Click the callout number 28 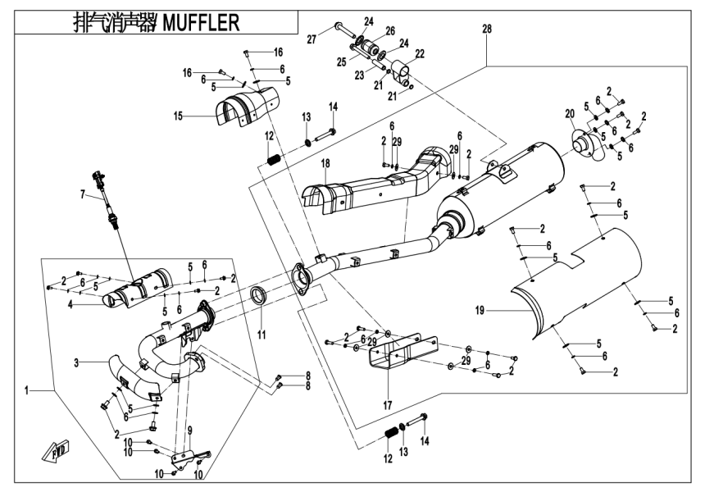pyautogui.click(x=487, y=30)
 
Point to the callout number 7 pyautogui.click(x=83, y=194)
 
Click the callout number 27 pyautogui.click(x=312, y=39)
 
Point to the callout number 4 pyautogui.click(x=71, y=304)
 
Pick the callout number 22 pyautogui.click(x=419, y=54)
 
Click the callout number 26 pyautogui.click(x=390, y=30)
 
